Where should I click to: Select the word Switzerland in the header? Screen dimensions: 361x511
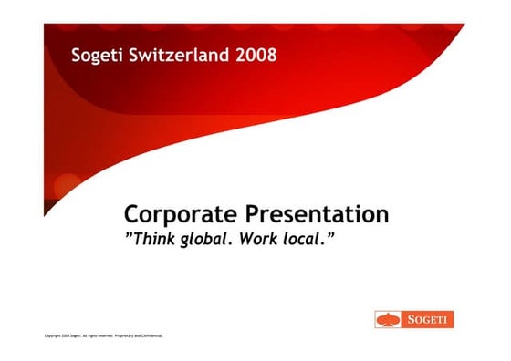[178, 56]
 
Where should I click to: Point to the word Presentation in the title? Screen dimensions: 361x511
[318, 215]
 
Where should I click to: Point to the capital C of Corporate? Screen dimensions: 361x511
[131, 215]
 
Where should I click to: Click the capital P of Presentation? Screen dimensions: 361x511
[253, 215]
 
